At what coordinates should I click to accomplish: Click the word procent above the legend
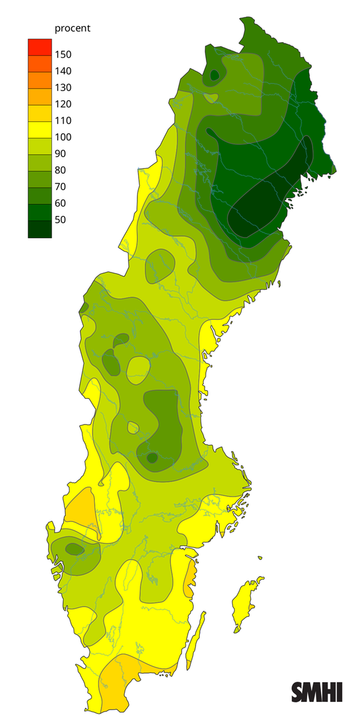[72, 29]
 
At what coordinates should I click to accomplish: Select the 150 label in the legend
[63, 55]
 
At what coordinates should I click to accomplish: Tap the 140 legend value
[63, 71]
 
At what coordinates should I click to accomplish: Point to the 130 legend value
[63, 88]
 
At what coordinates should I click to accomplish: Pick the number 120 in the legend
[63, 104]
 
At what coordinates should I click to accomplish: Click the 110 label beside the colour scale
[63, 121]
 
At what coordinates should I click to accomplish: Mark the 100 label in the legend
[63, 137]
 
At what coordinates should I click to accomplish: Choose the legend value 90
[61, 154]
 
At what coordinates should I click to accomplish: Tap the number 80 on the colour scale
[61, 170]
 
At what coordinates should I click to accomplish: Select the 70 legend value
[61, 187]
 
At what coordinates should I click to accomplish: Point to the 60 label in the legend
[61, 203]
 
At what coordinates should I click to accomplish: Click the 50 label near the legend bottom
[61, 220]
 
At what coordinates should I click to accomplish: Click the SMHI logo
[317, 691]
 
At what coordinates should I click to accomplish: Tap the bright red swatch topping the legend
[40, 46]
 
